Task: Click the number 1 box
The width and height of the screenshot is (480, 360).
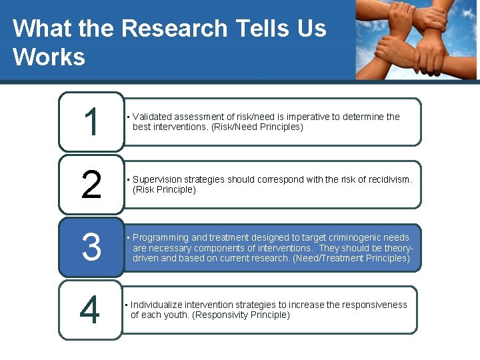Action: click(x=91, y=122)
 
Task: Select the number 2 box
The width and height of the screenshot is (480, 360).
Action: click(x=91, y=185)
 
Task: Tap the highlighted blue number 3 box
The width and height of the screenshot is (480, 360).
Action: click(x=91, y=247)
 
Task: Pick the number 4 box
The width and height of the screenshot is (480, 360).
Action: click(x=91, y=310)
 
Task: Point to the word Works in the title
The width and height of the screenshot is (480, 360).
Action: click(x=49, y=57)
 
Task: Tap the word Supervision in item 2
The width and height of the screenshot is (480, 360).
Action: click(x=160, y=179)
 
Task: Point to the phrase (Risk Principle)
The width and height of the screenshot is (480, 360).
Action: click(x=165, y=189)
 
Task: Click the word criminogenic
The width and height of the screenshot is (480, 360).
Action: click(x=352, y=237)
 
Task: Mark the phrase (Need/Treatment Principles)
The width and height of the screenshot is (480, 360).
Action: click(x=351, y=257)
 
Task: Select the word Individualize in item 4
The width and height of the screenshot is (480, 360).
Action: click(x=157, y=305)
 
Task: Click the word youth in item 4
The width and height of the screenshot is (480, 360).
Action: click(x=176, y=315)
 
